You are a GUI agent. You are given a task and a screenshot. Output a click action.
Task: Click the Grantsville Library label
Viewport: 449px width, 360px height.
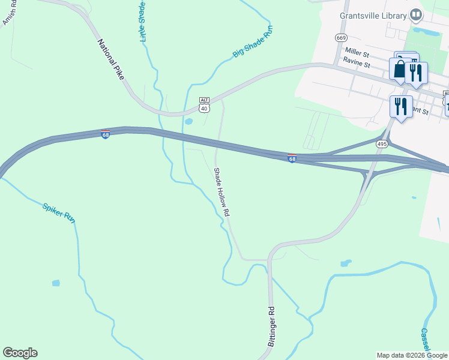(373, 15)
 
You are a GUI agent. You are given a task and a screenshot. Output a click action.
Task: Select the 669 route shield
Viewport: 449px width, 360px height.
(342, 37)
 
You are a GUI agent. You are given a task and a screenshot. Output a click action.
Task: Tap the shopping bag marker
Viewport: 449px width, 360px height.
(399, 69)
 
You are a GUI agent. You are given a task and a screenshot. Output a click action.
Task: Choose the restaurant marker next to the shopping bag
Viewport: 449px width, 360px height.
(415, 73)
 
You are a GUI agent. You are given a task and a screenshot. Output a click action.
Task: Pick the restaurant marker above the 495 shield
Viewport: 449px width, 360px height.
(401, 107)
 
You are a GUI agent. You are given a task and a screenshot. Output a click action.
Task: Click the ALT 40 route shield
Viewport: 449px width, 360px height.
(204, 105)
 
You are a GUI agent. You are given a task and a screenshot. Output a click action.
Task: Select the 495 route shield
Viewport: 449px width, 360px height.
(382, 143)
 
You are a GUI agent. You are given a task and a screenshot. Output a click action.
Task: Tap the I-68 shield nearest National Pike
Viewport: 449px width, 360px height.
(105, 134)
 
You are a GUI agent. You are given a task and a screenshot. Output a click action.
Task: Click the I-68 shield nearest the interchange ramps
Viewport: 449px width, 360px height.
(292, 158)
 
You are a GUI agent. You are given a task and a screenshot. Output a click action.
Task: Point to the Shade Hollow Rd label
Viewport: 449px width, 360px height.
(221, 192)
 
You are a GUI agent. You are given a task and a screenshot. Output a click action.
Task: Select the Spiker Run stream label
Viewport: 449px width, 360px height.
(59, 213)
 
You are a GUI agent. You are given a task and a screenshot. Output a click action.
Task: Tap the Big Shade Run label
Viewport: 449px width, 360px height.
(253, 41)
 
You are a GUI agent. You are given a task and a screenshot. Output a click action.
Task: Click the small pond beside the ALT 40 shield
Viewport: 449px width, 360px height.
(188, 121)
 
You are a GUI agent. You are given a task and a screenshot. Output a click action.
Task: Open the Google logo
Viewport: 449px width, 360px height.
(20, 353)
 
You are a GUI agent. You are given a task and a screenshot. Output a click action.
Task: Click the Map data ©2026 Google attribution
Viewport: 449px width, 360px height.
(412, 355)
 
